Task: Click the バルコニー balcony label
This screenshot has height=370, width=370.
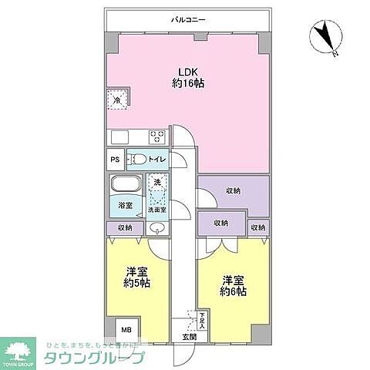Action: pos(188,22)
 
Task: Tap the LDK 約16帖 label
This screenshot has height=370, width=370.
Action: pos(187,77)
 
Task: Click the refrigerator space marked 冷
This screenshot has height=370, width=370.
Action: pos(117,101)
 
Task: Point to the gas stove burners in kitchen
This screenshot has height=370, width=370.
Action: pos(157,137)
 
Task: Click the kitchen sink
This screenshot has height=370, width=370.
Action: pos(119,137)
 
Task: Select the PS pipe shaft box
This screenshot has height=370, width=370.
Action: pos(115,160)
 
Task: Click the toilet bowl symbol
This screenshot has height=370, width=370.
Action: pos(137,160)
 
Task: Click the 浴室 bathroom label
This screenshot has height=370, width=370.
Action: pos(124,206)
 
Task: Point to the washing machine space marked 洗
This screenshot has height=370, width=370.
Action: pos(156,183)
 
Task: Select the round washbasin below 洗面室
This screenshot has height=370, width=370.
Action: pos(156,229)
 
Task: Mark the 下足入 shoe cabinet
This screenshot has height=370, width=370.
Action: pos(202,318)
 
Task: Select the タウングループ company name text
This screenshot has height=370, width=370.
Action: pos(99,358)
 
